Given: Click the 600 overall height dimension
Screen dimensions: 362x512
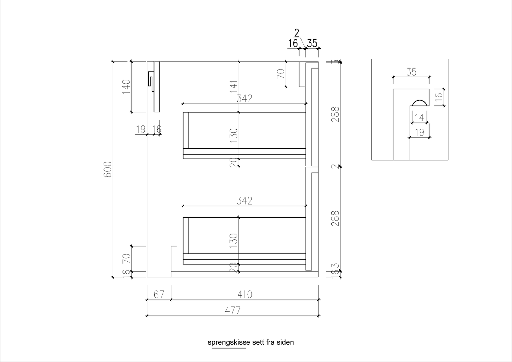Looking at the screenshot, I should coord(108,169).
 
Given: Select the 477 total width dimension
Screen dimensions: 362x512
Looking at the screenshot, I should coord(233,311).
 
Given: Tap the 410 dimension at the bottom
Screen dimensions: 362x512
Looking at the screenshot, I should coord(244,295).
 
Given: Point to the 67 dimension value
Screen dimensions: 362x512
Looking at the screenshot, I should coord(159,295).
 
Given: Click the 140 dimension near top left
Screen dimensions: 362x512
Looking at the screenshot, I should coord(126,87).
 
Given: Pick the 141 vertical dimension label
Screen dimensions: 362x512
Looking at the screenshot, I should coord(234,87).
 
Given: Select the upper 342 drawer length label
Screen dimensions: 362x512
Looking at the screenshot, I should coord(244,99).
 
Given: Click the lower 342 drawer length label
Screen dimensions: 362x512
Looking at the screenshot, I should coord(244,201).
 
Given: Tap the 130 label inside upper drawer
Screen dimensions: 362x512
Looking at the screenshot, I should coord(234,135).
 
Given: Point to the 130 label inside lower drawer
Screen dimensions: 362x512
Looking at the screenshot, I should coord(234,241).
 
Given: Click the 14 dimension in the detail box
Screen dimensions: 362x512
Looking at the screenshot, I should coord(419,117).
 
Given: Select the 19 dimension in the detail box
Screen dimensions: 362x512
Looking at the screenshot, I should coord(420,132).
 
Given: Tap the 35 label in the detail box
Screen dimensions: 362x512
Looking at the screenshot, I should coord(411,72).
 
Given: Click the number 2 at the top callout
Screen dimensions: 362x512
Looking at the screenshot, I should coord(297,33).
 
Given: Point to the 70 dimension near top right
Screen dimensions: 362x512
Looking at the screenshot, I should coord(281,74).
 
